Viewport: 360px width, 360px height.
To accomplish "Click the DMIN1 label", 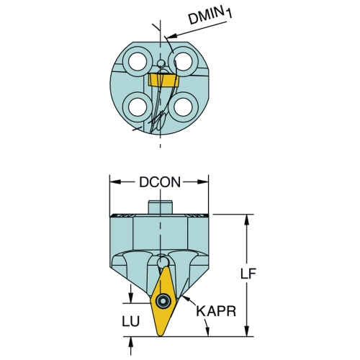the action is [x=210, y=16].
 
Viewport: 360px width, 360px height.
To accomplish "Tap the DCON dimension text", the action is [x=160, y=182].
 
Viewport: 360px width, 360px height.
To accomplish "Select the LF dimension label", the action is [x=248, y=274].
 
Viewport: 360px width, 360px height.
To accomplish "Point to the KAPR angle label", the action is [x=216, y=311].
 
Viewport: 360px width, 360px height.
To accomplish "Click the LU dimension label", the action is [x=131, y=321].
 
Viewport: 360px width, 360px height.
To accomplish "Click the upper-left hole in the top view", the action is [x=138, y=61].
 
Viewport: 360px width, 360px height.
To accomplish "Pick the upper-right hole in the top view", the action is [x=183, y=61].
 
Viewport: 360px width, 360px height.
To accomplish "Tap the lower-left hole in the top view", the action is [x=138, y=107].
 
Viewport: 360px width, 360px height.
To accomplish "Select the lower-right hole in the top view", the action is [x=183, y=107].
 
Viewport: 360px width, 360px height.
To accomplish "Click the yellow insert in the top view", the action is [x=163, y=81].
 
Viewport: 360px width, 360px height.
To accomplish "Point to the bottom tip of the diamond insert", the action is [x=161, y=336].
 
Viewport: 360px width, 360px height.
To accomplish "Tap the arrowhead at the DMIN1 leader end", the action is [x=171, y=36].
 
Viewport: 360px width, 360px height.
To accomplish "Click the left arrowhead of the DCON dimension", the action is [x=115, y=182].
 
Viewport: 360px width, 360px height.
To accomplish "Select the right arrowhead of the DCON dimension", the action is [x=203, y=182].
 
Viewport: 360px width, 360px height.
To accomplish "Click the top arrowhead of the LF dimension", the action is [x=247, y=220].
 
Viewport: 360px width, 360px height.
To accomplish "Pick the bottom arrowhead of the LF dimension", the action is [x=247, y=331].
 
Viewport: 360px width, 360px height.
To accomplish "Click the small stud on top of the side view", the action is [x=161, y=207].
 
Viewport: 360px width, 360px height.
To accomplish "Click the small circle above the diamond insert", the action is [x=163, y=262].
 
